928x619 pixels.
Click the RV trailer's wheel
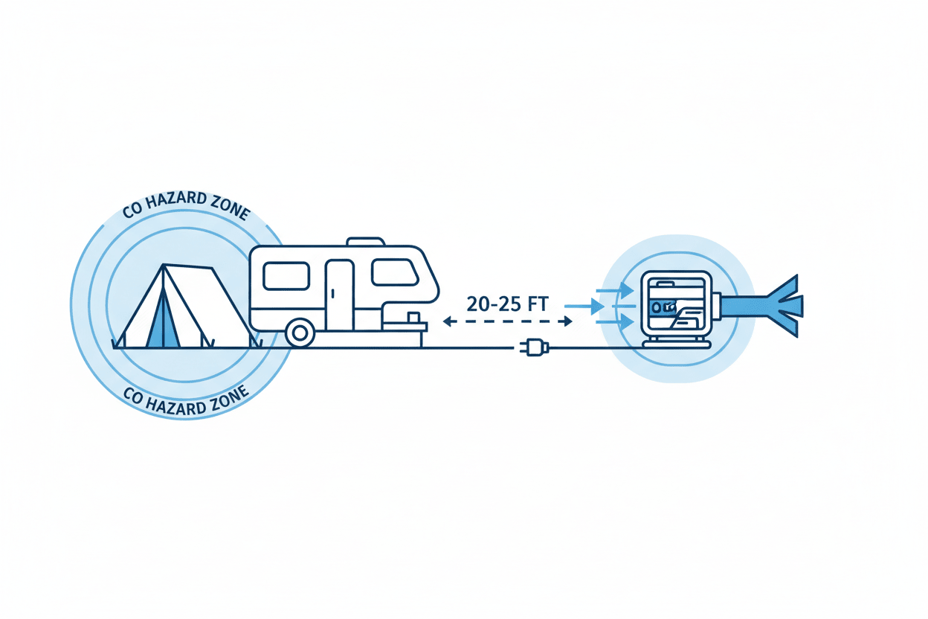pos(300,333)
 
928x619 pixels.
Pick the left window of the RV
pos(286,275)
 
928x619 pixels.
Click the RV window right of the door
pos(394,272)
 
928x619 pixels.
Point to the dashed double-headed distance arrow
pos(507,321)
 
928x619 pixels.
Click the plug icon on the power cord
pos(532,347)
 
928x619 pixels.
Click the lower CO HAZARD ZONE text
pos(186,402)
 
